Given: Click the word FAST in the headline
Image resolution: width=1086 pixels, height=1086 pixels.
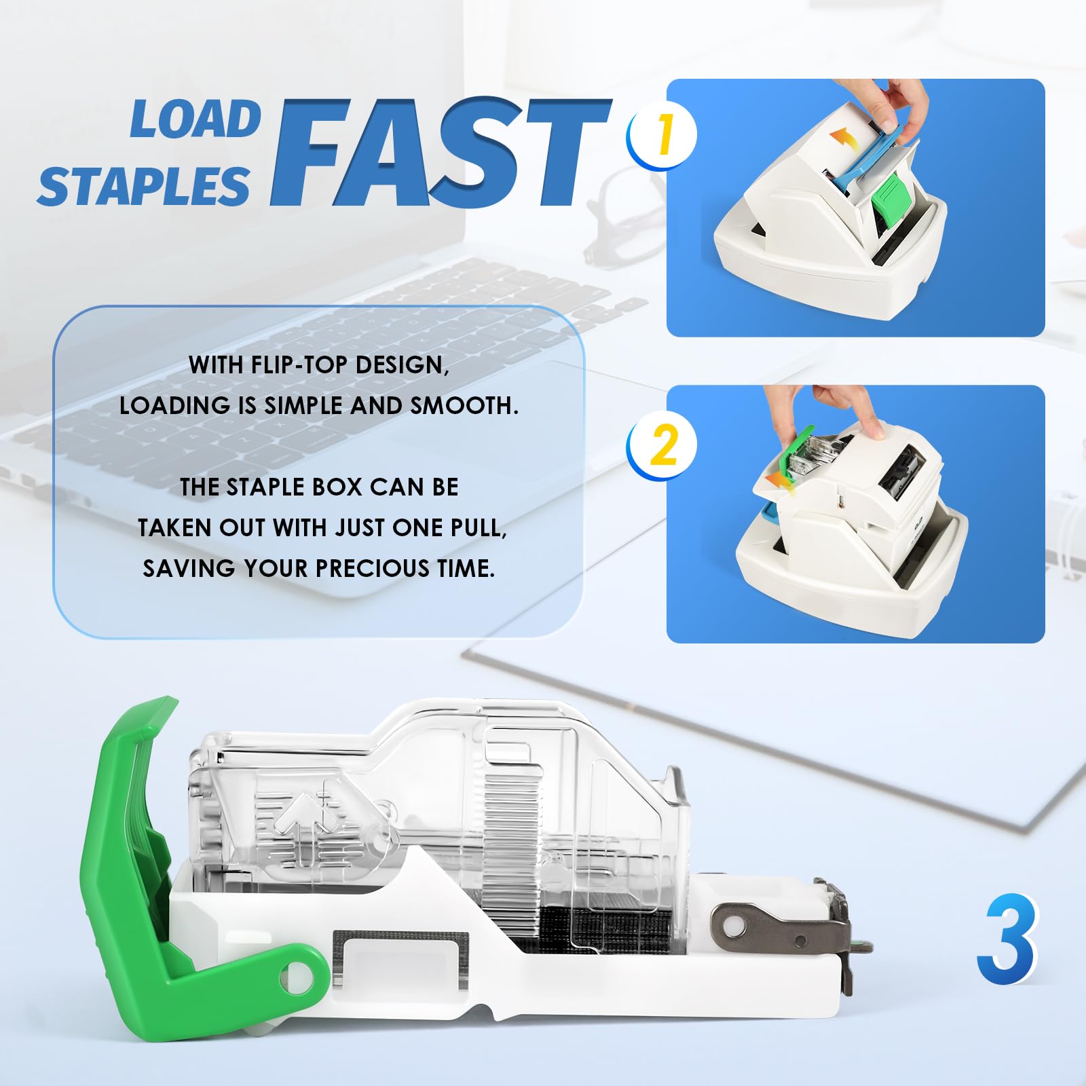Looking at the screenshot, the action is pos(441,152).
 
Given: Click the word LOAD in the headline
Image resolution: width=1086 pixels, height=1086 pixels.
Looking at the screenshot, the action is pos(195,119).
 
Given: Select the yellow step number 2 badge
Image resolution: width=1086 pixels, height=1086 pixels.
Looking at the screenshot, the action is pos(662,445).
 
